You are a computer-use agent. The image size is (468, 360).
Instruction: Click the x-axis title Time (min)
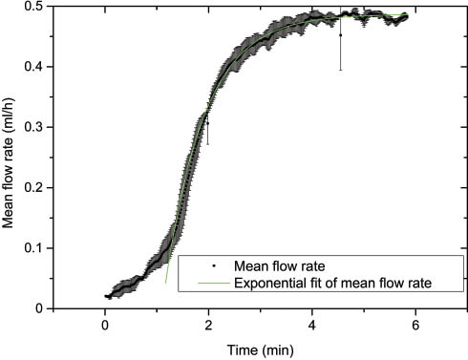[x=260, y=348]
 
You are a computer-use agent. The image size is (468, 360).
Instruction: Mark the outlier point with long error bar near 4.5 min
[x=340, y=35]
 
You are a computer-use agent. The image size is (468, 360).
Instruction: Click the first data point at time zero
[x=106, y=296]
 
